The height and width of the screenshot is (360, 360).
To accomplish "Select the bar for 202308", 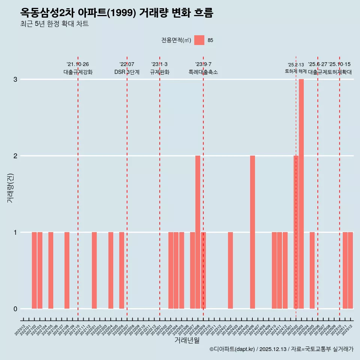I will tap(198, 232).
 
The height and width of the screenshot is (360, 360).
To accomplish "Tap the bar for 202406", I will tap(252, 232).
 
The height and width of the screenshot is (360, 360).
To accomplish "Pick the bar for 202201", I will tap(94, 270).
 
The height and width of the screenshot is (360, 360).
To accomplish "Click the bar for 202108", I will tap(67, 270).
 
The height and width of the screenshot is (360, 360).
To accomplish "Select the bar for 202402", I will tap(230, 270).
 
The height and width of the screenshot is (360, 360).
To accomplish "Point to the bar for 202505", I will tap(312, 270).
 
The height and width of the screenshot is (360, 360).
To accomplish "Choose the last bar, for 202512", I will tap(350, 270).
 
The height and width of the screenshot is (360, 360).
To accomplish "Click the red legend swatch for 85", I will tap(199, 40).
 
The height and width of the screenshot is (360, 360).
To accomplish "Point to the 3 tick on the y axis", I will tap(15, 79).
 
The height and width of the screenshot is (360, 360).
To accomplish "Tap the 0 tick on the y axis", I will tap(15, 309).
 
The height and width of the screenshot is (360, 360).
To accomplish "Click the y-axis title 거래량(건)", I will tap(10, 187).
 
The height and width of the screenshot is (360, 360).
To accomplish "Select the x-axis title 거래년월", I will tap(187, 340).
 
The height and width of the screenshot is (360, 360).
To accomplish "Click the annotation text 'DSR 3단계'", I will tap(127, 72).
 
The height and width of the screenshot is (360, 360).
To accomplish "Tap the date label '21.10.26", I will tap(78, 64).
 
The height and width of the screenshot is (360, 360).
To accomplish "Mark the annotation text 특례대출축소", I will tap(203, 72).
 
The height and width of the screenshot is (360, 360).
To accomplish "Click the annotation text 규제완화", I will tap(160, 72).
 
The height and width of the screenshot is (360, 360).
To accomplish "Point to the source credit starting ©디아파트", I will tap(281, 349).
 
